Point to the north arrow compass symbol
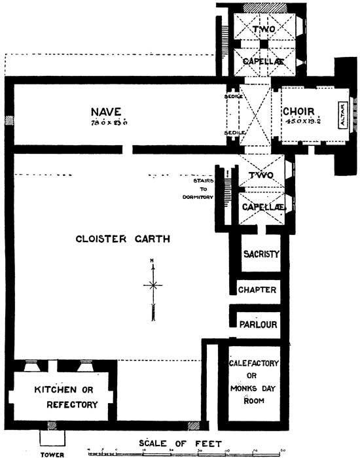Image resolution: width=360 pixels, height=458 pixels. click(x=153, y=285)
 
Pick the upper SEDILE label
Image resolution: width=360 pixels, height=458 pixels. click(x=234, y=96)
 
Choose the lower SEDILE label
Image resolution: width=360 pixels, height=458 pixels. click(x=234, y=132)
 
